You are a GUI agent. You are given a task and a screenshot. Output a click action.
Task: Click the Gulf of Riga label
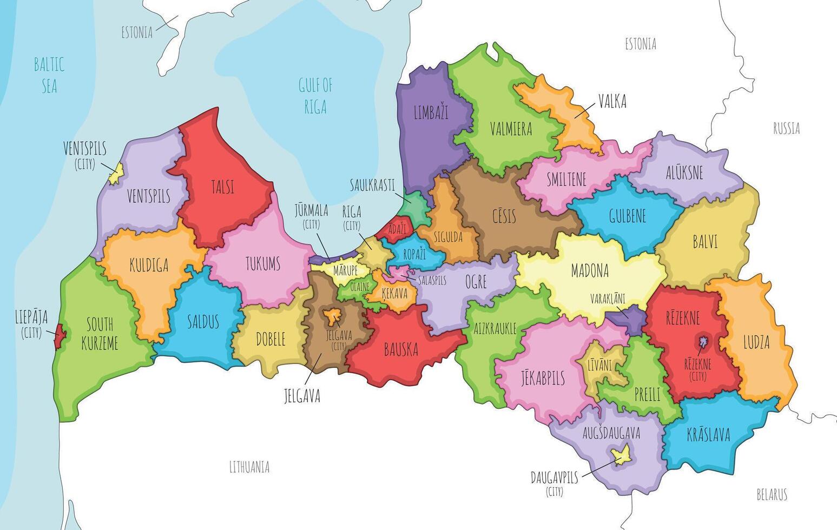pyautogui.click(x=315, y=96)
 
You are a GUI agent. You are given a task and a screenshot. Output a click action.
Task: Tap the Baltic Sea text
pyautogui.click(x=49, y=75)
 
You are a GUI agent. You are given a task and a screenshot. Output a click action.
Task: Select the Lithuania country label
pyautogui.click(x=249, y=467)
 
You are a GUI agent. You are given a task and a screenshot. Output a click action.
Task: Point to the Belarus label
pyautogui.click(x=771, y=494)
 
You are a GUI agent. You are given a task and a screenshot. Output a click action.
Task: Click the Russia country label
pyautogui.click(x=786, y=128)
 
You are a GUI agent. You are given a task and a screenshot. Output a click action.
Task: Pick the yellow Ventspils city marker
pyautogui.click(x=115, y=174)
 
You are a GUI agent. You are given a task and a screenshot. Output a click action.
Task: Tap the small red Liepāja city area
pyautogui.click(x=60, y=336)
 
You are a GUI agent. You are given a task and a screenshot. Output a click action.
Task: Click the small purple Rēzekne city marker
pyautogui.click(x=703, y=341)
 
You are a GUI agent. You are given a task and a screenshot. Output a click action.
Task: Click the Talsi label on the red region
pyautogui.click(x=222, y=187)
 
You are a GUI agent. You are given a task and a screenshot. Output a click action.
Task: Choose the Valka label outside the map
pyautogui.click(x=612, y=101)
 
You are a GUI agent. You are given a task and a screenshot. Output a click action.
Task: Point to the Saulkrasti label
pyautogui.click(x=372, y=183)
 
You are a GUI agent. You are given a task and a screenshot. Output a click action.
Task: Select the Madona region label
pyautogui.click(x=590, y=270)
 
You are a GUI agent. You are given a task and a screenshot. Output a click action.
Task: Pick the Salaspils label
pyautogui.click(x=432, y=281)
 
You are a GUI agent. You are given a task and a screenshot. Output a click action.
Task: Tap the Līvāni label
pyautogui.click(x=599, y=366)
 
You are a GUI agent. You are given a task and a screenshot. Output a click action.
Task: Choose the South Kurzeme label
pyautogui.click(x=100, y=334)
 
